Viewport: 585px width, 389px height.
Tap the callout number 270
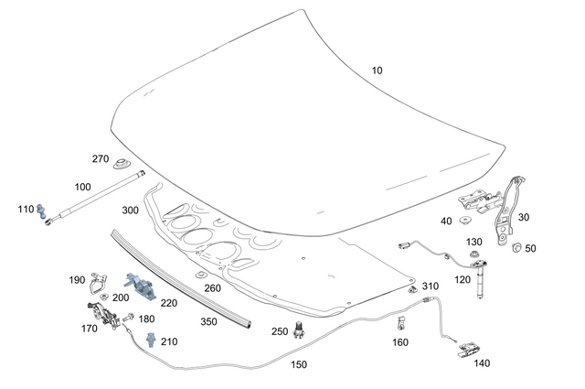click(101, 158)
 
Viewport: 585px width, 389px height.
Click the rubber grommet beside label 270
click(120, 167)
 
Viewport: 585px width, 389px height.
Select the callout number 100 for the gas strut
click(82, 187)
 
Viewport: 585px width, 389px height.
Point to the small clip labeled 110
click(43, 215)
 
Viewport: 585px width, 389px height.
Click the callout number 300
click(131, 211)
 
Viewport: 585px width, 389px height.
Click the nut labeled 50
click(515, 247)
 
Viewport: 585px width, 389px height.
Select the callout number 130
click(473, 242)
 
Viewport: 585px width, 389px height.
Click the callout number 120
click(463, 278)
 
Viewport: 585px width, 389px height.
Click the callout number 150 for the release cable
click(298, 363)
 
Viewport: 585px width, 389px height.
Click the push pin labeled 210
click(148, 340)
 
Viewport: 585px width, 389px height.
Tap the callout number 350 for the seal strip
click(209, 322)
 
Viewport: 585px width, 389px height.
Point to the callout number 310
click(431, 286)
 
